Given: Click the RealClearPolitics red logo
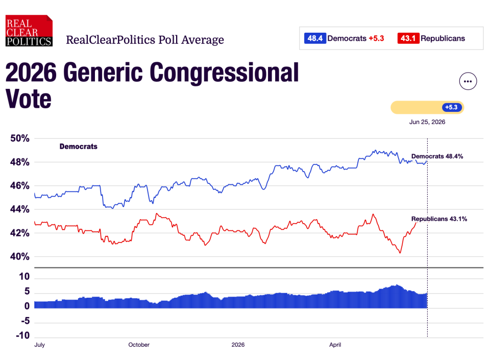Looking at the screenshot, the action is pyautogui.click(x=29, y=31).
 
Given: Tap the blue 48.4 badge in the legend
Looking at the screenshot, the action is pyautogui.click(x=315, y=38).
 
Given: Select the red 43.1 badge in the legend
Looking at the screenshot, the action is pyautogui.click(x=408, y=38).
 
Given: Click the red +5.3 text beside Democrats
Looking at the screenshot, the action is pyautogui.click(x=376, y=38).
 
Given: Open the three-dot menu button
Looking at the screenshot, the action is pyautogui.click(x=468, y=81).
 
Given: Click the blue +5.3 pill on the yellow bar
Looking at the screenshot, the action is pyautogui.click(x=452, y=107).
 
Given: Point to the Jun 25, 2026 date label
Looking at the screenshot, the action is pyautogui.click(x=427, y=122).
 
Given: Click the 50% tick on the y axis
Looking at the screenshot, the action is pyautogui.click(x=20, y=138).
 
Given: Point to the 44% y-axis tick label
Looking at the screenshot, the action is pyautogui.click(x=20, y=209).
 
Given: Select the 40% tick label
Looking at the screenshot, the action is pyautogui.click(x=20, y=256).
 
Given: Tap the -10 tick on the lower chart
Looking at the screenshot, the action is pyautogui.click(x=22, y=335).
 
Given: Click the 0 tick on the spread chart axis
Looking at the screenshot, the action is pyautogui.click(x=27, y=306).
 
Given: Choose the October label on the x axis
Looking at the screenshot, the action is pyautogui.click(x=139, y=345).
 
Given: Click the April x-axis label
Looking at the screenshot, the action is pyautogui.click(x=335, y=345).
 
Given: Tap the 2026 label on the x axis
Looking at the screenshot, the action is pyautogui.click(x=238, y=345).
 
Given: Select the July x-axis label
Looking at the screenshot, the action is pyautogui.click(x=40, y=345).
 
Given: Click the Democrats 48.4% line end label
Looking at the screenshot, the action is pyautogui.click(x=437, y=156).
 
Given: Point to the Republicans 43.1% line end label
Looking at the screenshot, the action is pyautogui.click(x=439, y=219).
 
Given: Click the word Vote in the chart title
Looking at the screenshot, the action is pyautogui.click(x=29, y=99).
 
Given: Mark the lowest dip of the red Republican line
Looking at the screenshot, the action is pyautogui.click(x=400, y=253).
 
